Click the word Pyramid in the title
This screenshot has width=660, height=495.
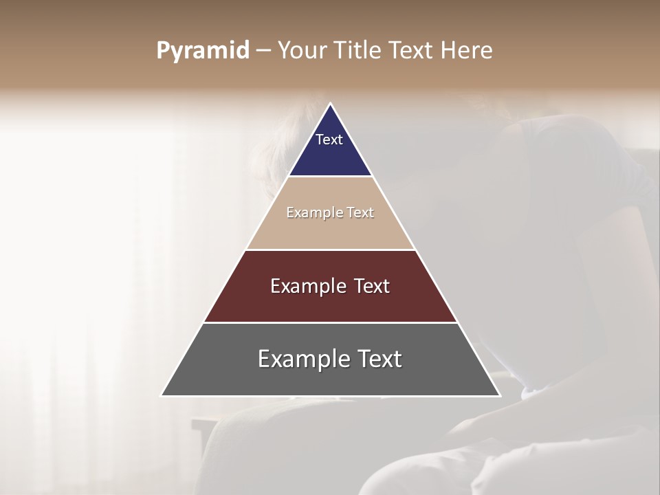pyautogui.click(x=202, y=51)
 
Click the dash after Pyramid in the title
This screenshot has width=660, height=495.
pyautogui.click(x=263, y=51)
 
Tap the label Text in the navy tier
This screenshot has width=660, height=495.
pyautogui.click(x=329, y=140)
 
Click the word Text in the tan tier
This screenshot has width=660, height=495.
pyautogui.click(x=360, y=212)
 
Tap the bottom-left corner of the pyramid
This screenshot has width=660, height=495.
pyautogui.click(x=162, y=395)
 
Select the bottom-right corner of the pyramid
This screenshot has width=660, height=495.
pyautogui.click(x=499, y=395)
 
